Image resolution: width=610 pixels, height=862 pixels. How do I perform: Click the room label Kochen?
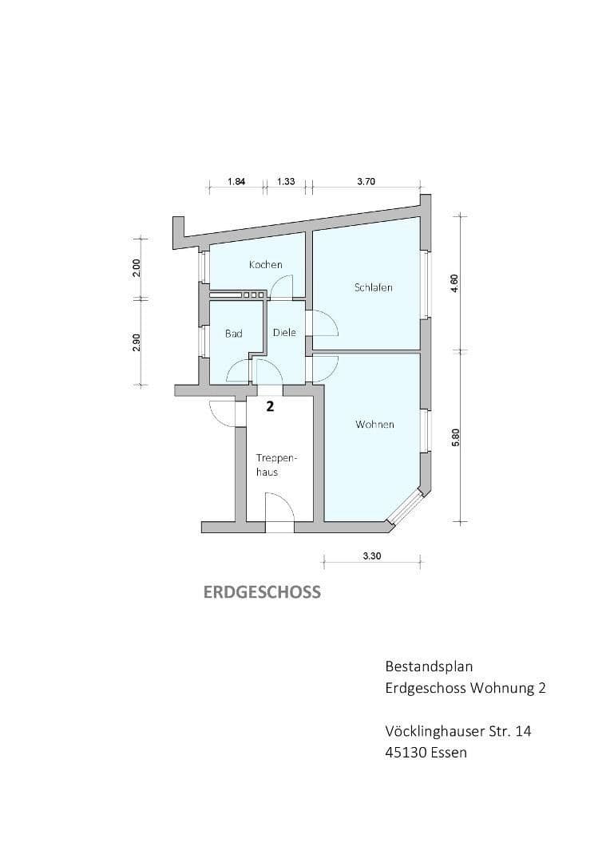(265, 264)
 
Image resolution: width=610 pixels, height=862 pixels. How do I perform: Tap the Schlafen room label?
(373, 287)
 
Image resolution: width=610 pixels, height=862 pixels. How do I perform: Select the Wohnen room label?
(374, 425)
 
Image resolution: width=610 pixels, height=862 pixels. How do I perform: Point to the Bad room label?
(233, 334)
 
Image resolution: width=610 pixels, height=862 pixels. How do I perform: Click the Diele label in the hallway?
(284, 333)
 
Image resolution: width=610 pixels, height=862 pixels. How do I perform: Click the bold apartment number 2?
(270, 406)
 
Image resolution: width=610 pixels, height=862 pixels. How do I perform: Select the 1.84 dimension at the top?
(236, 182)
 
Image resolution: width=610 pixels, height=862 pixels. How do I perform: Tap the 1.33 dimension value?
(286, 182)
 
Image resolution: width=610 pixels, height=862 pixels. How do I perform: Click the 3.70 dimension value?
(366, 182)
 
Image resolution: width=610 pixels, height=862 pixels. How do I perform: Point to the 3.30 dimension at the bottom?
(371, 557)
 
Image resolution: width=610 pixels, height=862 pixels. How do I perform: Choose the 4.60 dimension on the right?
(454, 283)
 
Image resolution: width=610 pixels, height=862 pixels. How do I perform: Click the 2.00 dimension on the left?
(137, 267)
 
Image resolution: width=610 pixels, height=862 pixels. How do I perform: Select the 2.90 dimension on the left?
(137, 342)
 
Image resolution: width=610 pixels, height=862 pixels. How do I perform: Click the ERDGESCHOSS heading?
(262, 592)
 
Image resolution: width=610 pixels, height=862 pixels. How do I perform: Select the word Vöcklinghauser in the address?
(436, 730)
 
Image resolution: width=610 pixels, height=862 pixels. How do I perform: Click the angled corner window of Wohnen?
(406, 508)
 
